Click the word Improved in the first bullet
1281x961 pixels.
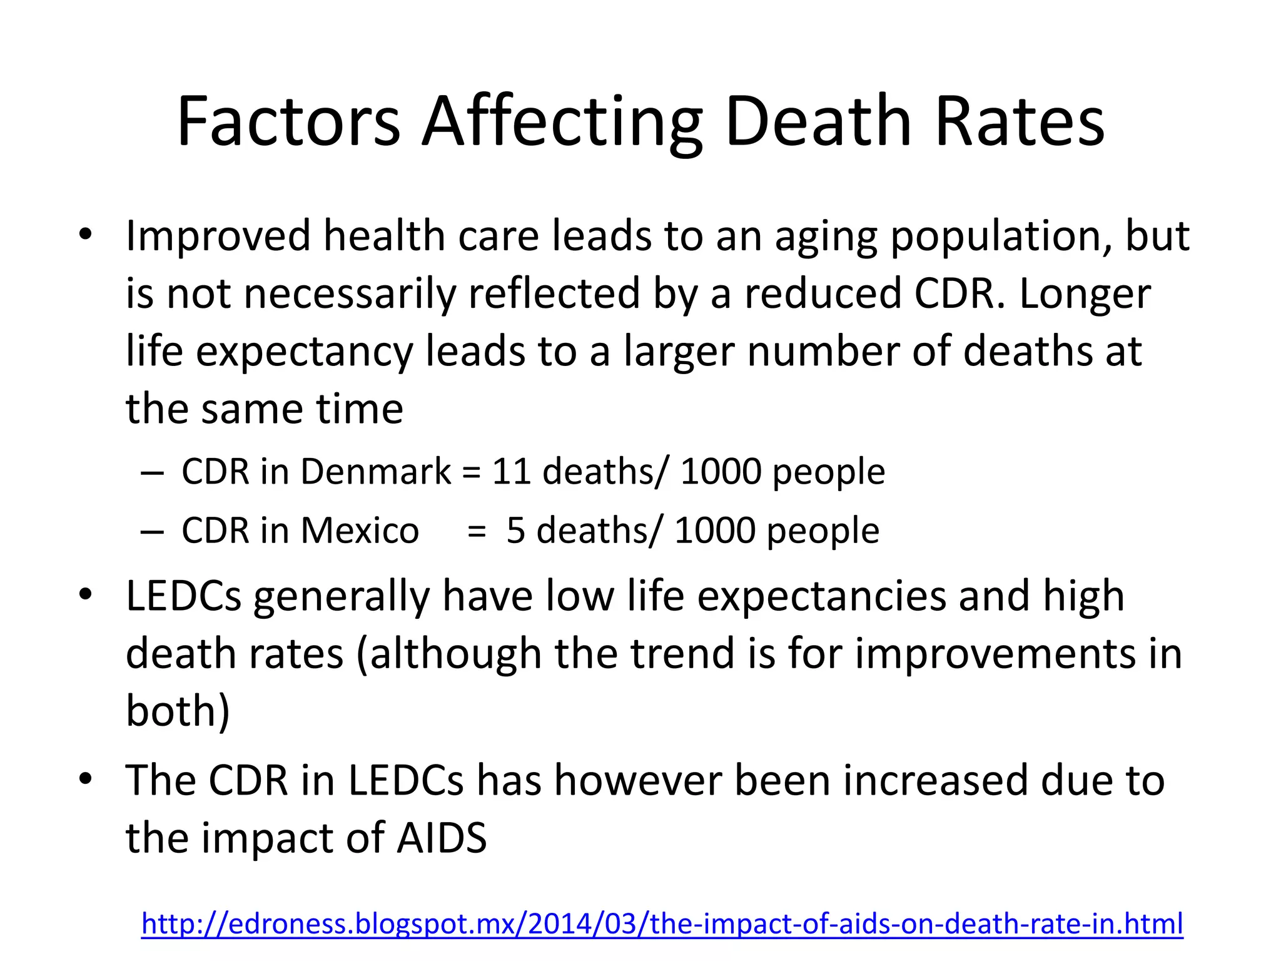218,236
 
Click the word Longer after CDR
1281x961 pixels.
1085,294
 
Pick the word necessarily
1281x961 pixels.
350,294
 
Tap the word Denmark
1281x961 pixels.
375,471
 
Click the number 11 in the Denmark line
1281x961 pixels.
512,471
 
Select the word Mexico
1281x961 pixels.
359,531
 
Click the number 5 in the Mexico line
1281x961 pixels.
515,531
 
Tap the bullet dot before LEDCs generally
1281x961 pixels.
86,594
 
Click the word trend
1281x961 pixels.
682,653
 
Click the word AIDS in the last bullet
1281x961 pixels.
442,838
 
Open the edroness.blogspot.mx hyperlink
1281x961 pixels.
662,924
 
